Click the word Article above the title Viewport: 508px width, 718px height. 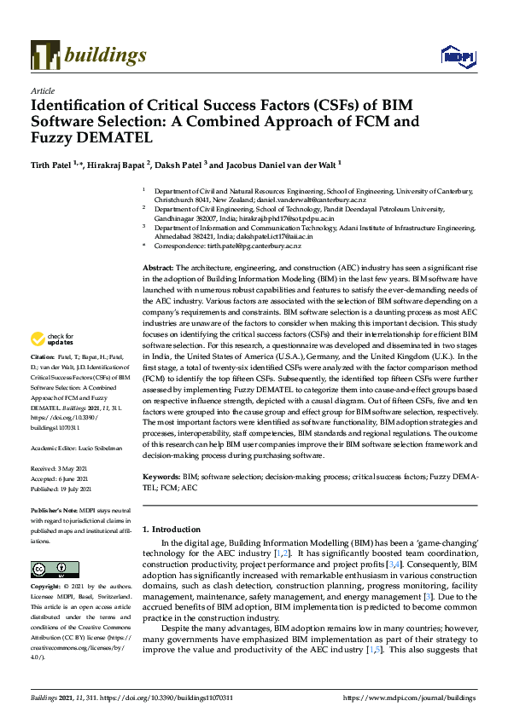(x=42, y=90)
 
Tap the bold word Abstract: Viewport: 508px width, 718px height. (x=158, y=268)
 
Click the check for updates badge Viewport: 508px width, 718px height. (x=52, y=339)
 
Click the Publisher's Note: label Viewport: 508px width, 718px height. (x=51, y=509)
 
